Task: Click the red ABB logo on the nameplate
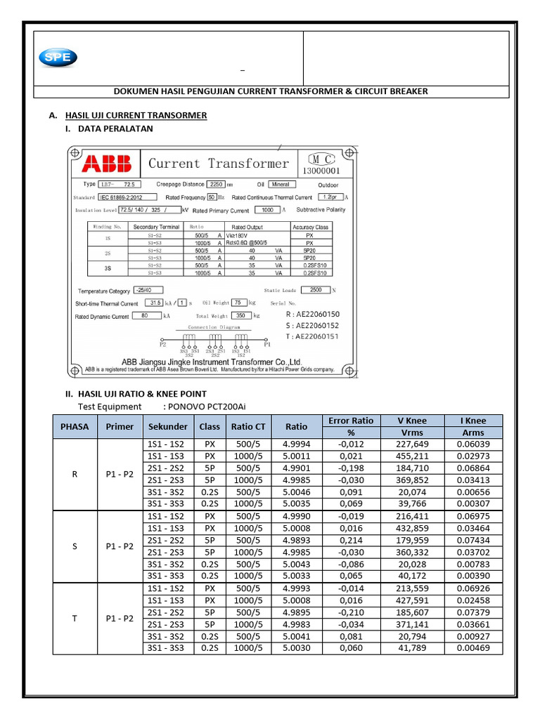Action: click(106, 164)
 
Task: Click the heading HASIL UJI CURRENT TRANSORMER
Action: click(136, 115)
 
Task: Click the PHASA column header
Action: click(75, 426)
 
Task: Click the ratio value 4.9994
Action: click(296, 444)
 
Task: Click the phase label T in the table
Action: click(75, 619)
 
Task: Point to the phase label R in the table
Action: click(75, 474)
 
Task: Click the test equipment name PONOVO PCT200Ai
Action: click(208, 407)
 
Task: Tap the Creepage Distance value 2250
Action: click(215, 184)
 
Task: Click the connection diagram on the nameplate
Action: click(214, 342)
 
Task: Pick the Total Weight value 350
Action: click(243, 316)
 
